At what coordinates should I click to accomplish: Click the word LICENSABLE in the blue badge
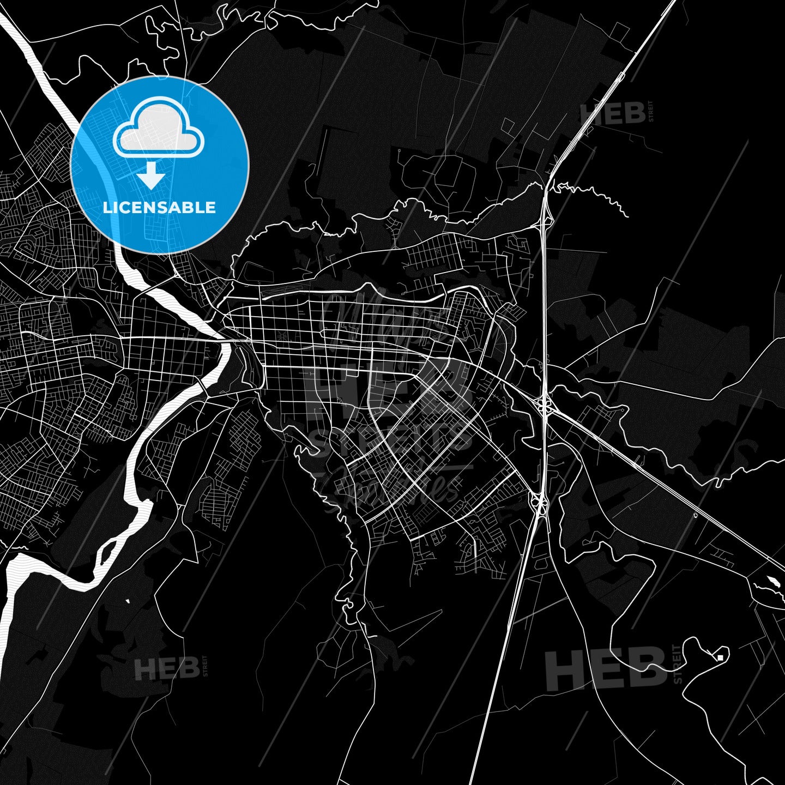click(x=159, y=208)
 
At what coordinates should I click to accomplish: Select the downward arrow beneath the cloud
click(x=151, y=176)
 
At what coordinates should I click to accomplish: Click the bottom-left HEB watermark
click(x=166, y=668)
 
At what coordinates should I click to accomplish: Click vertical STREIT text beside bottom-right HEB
click(x=678, y=664)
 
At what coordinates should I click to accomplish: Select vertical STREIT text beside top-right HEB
click(x=650, y=112)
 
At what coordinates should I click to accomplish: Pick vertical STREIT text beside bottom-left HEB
click(x=205, y=666)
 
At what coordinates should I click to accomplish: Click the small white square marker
click(x=720, y=657)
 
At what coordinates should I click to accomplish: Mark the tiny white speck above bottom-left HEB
click(x=127, y=601)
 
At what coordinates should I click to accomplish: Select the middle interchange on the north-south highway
click(x=544, y=405)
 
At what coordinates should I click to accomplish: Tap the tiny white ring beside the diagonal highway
click(x=695, y=515)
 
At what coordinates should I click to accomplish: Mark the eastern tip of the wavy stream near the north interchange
click(x=628, y=217)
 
